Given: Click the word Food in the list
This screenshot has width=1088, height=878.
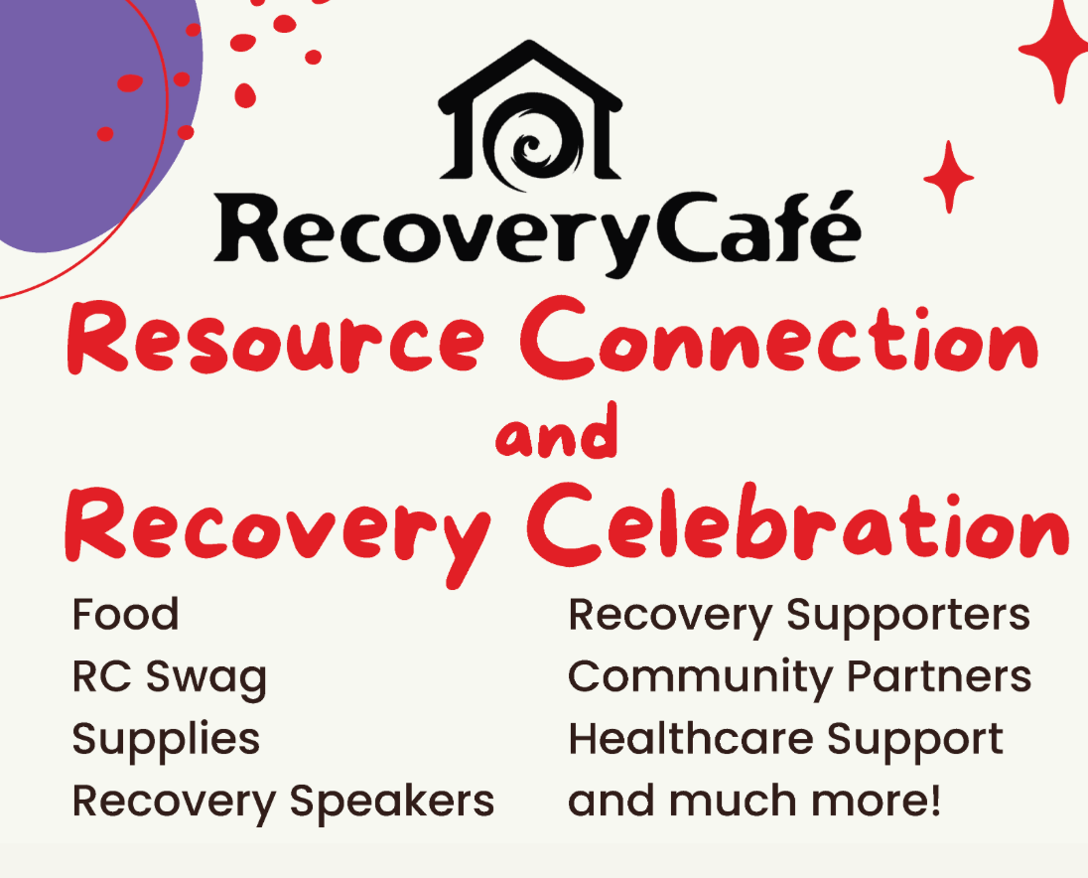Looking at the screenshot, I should (x=125, y=615).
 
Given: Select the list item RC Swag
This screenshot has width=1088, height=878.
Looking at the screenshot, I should (x=170, y=677).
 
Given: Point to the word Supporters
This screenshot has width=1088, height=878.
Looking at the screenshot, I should (x=908, y=615).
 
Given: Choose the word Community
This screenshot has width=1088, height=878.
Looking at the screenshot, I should (x=688, y=677).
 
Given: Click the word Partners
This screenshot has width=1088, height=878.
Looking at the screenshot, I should (x=924, y=677).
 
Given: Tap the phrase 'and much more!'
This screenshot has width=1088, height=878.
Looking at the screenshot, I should (x=754, y=801).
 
